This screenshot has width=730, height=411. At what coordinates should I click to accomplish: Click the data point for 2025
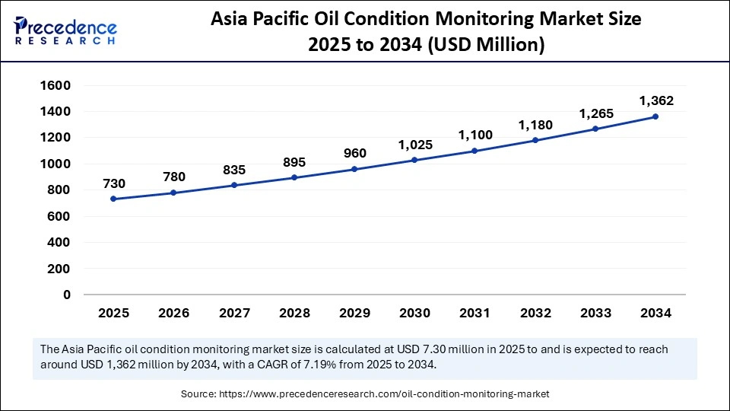pyautogui.click(x=113, y=199)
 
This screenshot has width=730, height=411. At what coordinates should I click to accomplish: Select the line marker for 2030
pyautogui.click(x=414, y=160)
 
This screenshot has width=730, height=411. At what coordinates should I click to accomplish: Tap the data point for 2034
pyautogui.click(x=655, y=116)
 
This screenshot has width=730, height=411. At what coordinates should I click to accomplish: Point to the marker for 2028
pyautogui.click(x=294, y=177)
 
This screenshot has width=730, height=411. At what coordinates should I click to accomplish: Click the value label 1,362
pyautogui.click(x=655, y=100)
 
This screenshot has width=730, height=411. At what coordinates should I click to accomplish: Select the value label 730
pyautogui.click(x=113, y=183)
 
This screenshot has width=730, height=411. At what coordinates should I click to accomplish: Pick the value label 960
pyautogui.click(x=354, y=153)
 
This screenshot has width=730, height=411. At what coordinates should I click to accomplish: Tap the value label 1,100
pyautogui.click(x=474, y=135)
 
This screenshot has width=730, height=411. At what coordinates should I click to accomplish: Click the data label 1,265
pyautogui.click(x=595, y=113)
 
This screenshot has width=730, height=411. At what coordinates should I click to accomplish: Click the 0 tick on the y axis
pyautogui.click(x=66, y=295)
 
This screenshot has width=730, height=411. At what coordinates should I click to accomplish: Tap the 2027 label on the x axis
pyautogui.click(x=233, y=313)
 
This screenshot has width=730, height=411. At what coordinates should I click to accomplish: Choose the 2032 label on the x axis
pyautogui.click(x=535, y=313)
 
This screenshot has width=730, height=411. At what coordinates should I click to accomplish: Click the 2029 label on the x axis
pyautogui.click(x=354, y=313)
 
